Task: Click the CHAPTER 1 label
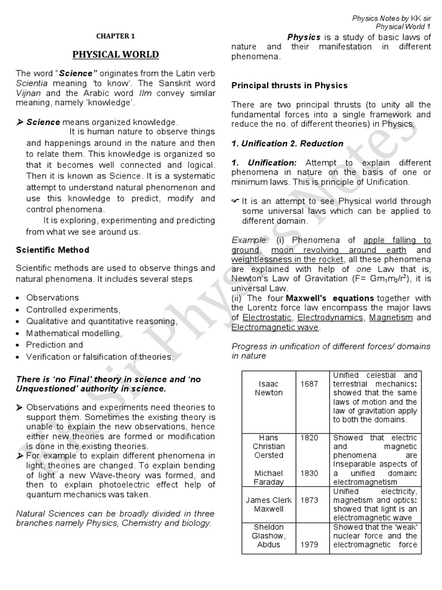pyautogui.click(x=115, y=36)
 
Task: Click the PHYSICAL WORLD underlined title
pyautogui.click(x=115, y=55)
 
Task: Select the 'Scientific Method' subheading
pyautogui.click(x=52, y=250)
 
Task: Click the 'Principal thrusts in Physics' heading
pyautogui.click(x=289, y=85)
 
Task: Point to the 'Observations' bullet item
pyautogui.click(x=52, y=298)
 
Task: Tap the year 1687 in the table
pyautogui.click(x=308, y=384)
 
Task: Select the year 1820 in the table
pyautogui.click(x=308, y=438)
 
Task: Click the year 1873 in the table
pyautogui.click(x=308, y=500)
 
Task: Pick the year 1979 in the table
pyautogui.click(x=308, y=545)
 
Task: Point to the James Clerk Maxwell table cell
pyautogui.click(x=269, y=505)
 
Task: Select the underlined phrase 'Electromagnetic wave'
pyautogui.click(x=275, y=327)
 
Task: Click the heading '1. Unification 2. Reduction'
pyautogui.click(x=287, y=143)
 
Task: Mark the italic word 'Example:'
pyautogui.click(x=250, y=240)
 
